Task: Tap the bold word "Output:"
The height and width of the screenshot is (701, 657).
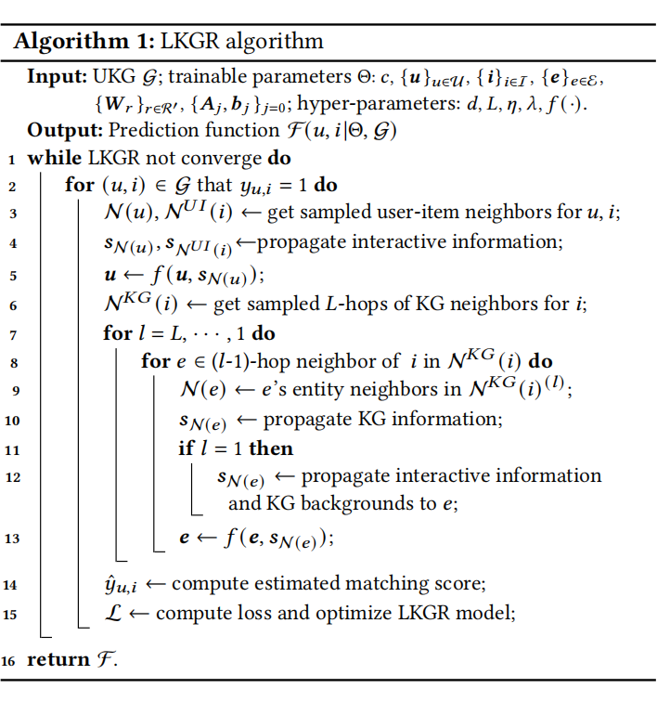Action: click(62, 131)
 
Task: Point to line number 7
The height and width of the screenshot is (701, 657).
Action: click(12, 333)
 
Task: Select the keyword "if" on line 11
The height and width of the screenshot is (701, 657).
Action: click(187, 448)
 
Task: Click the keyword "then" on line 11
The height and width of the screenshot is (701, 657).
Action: click(270, 448)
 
